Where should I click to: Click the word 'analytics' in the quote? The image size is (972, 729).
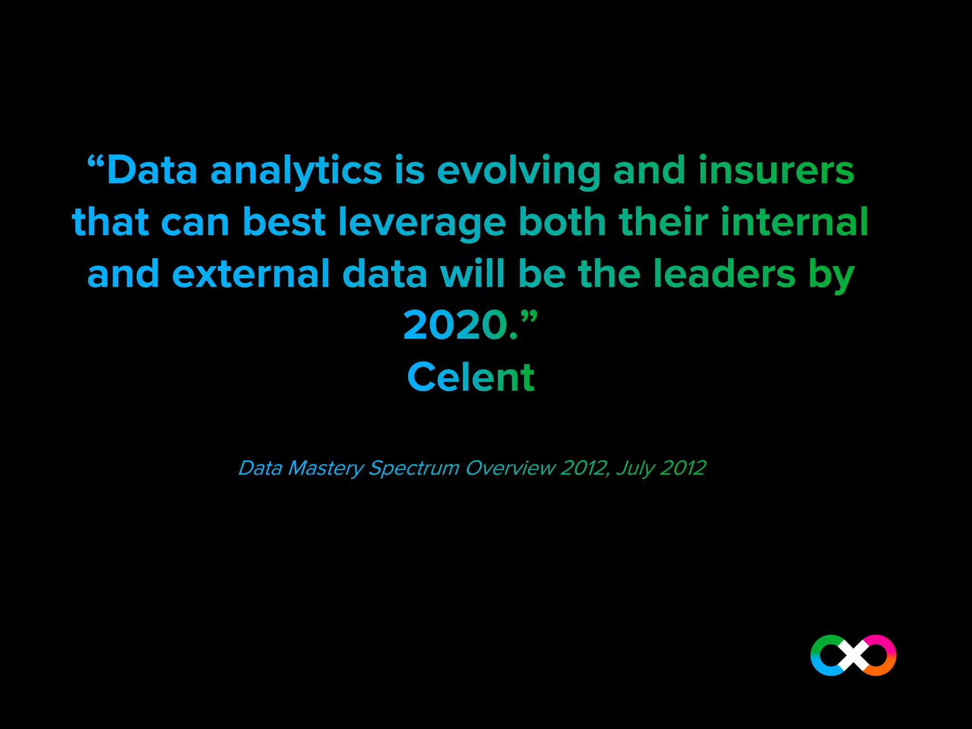(x=296, y=171)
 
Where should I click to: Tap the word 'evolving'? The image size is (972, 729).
(x=519, y=171)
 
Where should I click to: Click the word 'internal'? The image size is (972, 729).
(x=794, y=222)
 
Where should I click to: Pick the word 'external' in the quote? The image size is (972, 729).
(x=251, y=274)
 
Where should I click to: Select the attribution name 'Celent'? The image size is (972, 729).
(x=471, y=377)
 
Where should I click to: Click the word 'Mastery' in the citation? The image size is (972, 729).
(x=326, y=468)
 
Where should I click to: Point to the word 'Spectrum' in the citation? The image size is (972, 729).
(x=414, y=468)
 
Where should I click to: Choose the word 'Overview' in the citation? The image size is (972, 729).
(x=510, y=468)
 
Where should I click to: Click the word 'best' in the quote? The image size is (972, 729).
(x=284, y=222)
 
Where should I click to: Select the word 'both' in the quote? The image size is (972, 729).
(x=562, y=222)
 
